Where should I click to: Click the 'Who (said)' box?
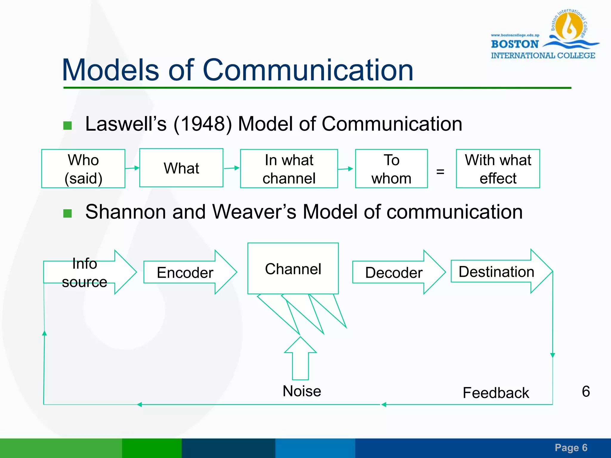coord(83,169)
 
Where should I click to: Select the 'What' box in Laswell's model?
coord(181,168)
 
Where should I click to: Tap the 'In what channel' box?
coord(289,169)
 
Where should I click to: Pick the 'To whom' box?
coord(391,169)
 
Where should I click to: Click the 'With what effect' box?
coord(498,169)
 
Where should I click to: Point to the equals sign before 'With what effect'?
coord(440,171)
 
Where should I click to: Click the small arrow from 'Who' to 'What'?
coord(132,168)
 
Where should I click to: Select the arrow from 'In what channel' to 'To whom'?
coord(345,169)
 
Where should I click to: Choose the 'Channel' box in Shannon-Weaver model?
coord(293,269)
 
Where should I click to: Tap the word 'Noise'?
coord(302,391)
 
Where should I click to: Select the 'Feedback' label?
coord(496,393)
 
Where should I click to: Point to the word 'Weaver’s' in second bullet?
coord(254,212)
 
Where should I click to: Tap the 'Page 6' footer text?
coord(571,448)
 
